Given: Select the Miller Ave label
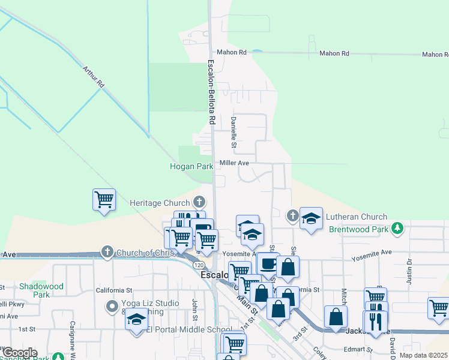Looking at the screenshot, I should coord(234,163).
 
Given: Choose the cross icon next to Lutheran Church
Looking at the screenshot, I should coord(292,217).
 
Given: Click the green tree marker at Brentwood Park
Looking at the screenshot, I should coord(397,229).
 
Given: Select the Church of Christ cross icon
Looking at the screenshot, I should coord(107,251).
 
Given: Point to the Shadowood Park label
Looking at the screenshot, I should coord(41,290).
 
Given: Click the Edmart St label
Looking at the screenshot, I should coord(358,349).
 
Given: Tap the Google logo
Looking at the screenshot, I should coord(19,353).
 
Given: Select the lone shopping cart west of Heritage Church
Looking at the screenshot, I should coord(104,199).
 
